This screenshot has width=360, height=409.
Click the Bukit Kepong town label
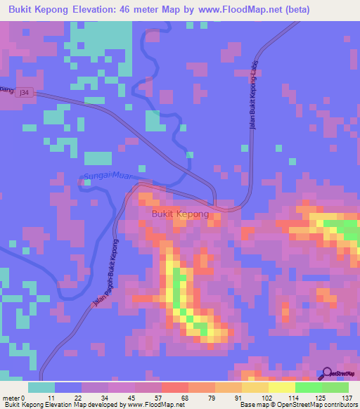[x=180, y=215]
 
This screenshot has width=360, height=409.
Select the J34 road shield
[x=25, y=92]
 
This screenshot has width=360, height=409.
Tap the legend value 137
[x=347, y=397]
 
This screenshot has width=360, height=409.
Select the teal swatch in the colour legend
[x=41, y=387]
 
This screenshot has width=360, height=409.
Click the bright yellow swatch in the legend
[x=282, y=387]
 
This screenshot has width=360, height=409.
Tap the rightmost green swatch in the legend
[x=335, y=387]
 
